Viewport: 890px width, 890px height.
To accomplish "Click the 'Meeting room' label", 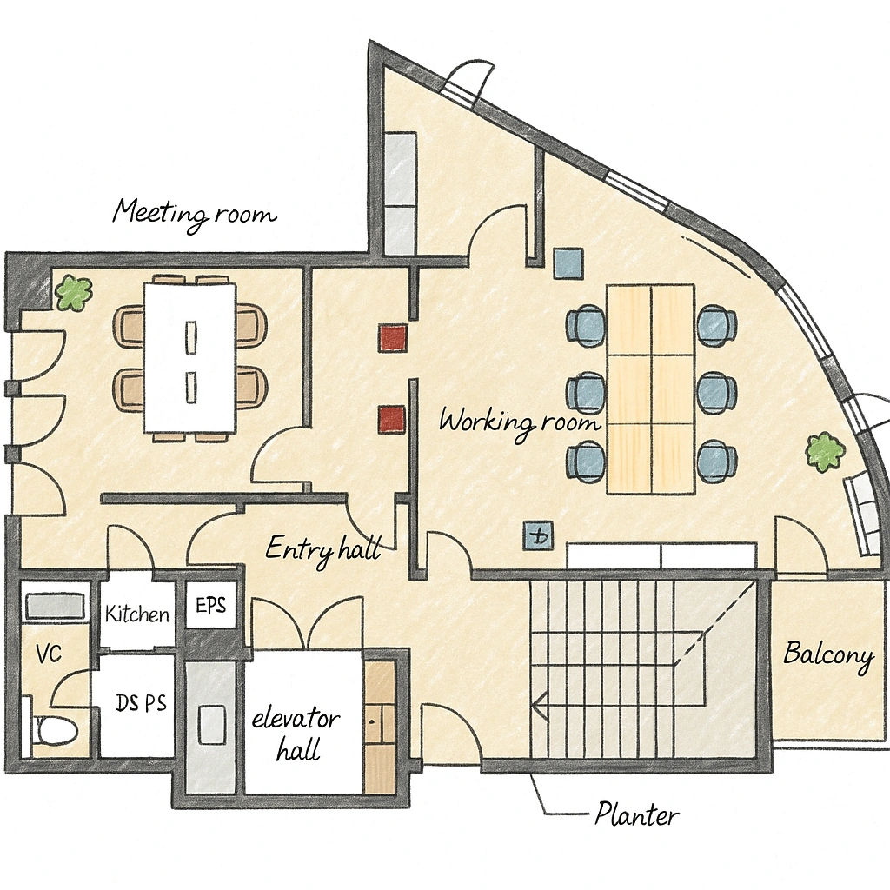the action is coord(194,214).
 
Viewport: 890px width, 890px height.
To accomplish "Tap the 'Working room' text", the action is coord(520,422).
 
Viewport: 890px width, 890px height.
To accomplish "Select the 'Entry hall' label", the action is coord(323,549).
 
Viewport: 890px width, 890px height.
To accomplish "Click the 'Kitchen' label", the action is coord(137,614).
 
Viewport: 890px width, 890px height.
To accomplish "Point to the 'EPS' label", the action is coord(210,605).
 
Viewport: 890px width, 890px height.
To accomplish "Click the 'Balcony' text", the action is coord(828,655).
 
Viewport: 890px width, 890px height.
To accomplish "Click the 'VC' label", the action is coord(49,654).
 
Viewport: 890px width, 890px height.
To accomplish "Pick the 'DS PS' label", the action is coord(142,703).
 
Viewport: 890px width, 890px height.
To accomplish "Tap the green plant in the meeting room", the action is coord(74,292).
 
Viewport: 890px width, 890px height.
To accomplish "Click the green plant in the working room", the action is coord(824,451).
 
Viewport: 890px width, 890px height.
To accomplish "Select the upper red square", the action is coord(394,338).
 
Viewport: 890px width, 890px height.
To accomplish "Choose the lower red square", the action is coord(392,420).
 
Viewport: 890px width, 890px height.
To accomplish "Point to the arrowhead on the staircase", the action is coord(540,706).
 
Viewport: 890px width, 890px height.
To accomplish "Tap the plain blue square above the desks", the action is coord(568,262).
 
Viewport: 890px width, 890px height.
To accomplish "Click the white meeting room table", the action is coord(189,358).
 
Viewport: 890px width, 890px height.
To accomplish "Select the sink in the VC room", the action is coord(55,607).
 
